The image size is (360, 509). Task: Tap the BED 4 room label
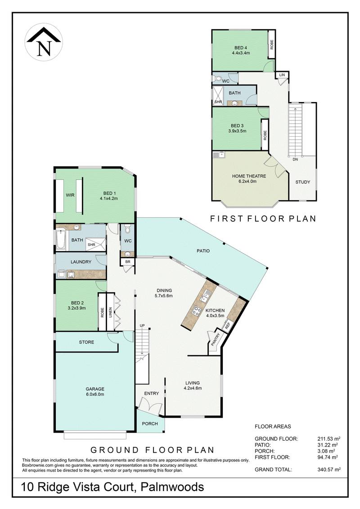(241, 48)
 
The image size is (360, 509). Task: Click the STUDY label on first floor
(302, 182)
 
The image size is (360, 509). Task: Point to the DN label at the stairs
(295, 159)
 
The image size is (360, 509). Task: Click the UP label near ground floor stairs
(142, 325)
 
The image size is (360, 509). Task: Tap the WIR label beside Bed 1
(70, 195)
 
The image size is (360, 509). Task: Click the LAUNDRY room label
(81, 262)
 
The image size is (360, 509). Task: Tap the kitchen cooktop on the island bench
(197, 310)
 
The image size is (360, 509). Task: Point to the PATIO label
(203, 251)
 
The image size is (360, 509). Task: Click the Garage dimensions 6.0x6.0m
(95, 394)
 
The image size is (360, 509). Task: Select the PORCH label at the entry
(149, 424)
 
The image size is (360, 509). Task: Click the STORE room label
(86, 342)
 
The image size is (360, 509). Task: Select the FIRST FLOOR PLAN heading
(263, 219)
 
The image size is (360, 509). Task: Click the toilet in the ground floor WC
(127, 231)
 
